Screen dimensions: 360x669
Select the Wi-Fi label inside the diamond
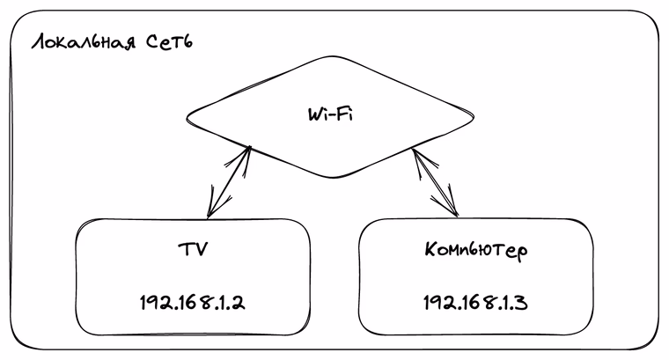pos(330,115)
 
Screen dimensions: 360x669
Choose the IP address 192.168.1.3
pos(474,302)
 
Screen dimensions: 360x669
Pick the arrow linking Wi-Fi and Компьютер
pos(436,183)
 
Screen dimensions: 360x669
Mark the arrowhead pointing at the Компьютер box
pos(455,211)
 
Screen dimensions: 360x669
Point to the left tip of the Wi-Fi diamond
pos(187,115)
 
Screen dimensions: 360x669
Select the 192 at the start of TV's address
pos(155,302)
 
